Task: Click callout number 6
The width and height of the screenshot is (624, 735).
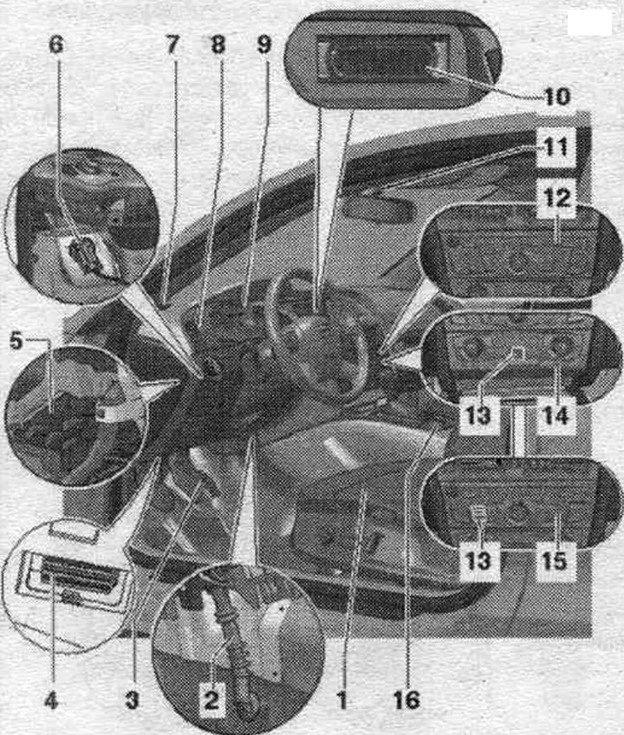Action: pos(56,45)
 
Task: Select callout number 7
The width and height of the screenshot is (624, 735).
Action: pos(172,45)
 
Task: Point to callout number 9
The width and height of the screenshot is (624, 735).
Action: pos(264,45)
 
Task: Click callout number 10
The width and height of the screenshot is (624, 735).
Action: pos(557,96)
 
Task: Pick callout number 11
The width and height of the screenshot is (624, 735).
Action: pos(556,147)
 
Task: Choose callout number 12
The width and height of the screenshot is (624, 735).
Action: pos(557,198)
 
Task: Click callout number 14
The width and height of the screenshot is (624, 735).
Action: pos(556,415)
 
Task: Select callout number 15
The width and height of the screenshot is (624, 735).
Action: pos(555,561)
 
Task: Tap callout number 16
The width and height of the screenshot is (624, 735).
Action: pos(406,701)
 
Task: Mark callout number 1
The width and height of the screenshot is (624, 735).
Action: pos(341,701)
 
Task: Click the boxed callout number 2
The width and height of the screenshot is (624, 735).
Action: pos(211,701)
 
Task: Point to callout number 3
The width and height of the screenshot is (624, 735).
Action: pos(133,701)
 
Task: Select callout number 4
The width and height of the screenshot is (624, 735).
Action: pos(51,701)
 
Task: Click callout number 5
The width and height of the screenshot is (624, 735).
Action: pos(16,341)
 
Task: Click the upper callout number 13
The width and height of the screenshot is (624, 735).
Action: pos(478,415)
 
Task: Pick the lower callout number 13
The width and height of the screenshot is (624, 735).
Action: pos(478,561)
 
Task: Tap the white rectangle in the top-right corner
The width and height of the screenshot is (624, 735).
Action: pos(590,23)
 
